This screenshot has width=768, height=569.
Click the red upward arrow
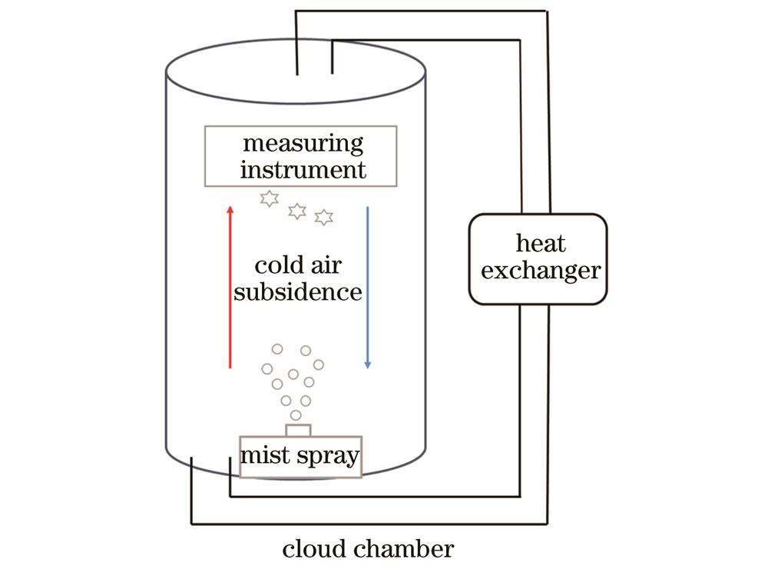[x=230, y=284]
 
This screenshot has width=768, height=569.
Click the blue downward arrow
[x=368, y=284]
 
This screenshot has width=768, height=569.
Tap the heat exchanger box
[x=538, y=258]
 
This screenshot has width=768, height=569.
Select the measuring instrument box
[x=301, y=156]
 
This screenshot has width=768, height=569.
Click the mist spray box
[x=300, y=457]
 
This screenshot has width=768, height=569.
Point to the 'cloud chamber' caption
[x=368, y=549]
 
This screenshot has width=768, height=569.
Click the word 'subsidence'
[x=298, y=292]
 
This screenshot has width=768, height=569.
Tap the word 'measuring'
[x=303, y=144]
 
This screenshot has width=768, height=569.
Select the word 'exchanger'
[x=541, y=271]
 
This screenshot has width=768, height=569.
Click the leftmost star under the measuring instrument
[x=269, y=199]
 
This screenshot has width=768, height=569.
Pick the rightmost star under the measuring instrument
[x=324, y=218]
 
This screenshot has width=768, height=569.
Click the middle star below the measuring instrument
[x=296, y=210]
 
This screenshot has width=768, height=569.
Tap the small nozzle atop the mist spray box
[x=298, y=428]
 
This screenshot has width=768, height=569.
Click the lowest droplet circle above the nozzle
[x=296, y=415]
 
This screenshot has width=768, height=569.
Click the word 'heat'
[x=541, y=244]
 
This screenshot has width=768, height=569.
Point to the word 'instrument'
[x=303, y=168]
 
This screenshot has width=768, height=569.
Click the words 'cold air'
[x=298, y=268]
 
